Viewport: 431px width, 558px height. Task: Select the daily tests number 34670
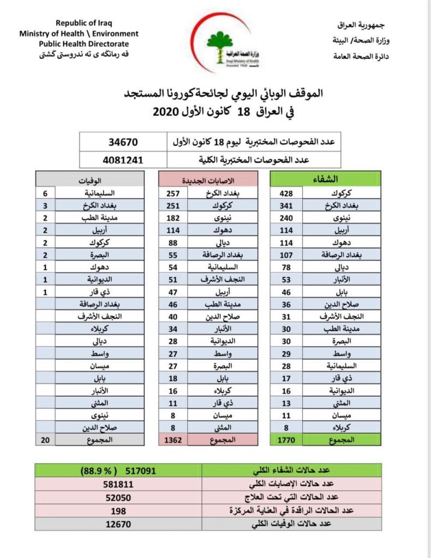pyautogui.click(x=123, y=142)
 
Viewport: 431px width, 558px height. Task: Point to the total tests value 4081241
pyautogui.click(x=123, y=160)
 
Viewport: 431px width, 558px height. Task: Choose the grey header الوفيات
pyautogui.click(x=91, y=179)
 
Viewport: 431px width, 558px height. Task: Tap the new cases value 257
pyautogui.click(x=173, y=193)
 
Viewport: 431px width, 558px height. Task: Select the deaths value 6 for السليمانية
pyautogui.click(x=45, y=193)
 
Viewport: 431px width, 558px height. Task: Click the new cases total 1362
pyautogui.click(x=173, y=439)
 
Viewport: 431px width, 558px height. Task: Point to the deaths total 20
pyautogui.click(x=45, y=439)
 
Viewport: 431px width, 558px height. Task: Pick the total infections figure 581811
pyautogui.click(x=118, y=484)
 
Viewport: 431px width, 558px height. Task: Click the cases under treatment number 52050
pyautogui.click(x=118, y=498)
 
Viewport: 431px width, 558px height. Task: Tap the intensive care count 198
pyautogui.click(x=118, y=511)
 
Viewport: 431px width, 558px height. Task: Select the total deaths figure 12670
pyautogui.click(x=118, y=524)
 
